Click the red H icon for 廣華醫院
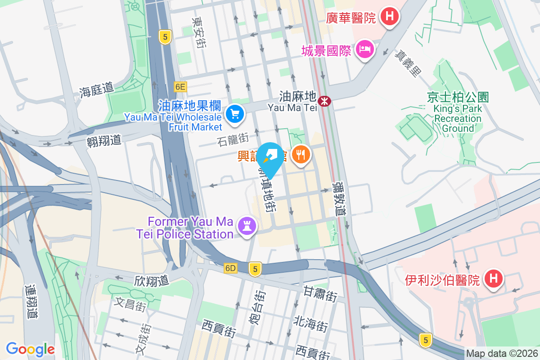click(390, 17)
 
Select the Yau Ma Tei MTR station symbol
click(324, 101)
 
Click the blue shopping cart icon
click(234, 114)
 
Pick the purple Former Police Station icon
click(247, 225)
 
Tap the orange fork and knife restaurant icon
click(300, 155)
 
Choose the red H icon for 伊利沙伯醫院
click(493, 279)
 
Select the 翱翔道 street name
click(104, 140)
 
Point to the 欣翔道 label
click(151, 280)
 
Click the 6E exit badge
click(180, 86)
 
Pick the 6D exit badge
click(230, 268)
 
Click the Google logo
click(30, 349)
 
